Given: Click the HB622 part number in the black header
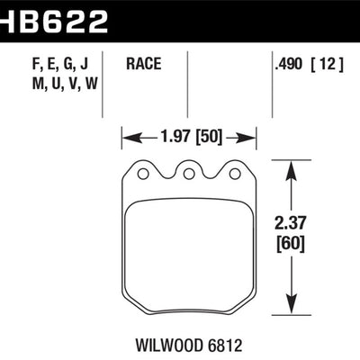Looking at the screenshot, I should [x=54, y=18].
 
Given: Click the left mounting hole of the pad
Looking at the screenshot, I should [x=141, y=170].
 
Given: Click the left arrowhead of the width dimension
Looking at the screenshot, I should [x=126, y=139].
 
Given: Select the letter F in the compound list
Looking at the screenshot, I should [x=21, y=64].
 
